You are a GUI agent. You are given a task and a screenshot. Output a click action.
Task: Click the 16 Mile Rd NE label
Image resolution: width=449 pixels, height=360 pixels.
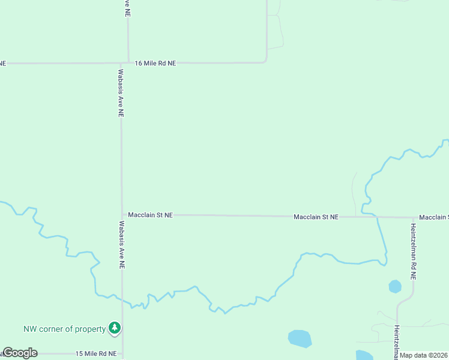[x=155, y=62]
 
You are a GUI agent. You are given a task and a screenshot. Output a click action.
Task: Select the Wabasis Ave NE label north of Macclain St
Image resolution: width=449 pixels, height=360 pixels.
[x=121, y=92]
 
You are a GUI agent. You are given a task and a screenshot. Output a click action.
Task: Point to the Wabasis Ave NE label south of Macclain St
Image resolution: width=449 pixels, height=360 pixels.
[x=121, y=245]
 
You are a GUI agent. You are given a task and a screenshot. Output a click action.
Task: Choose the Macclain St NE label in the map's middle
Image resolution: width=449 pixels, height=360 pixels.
[x=316, y=217]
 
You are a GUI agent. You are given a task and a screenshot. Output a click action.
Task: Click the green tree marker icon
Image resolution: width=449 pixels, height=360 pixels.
[x=114, y=328]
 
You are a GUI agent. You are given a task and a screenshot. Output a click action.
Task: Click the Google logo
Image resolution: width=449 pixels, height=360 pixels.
[x=20, y=353]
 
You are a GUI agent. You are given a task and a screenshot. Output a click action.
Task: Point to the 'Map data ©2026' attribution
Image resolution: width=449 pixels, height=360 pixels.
[x=424, y=355]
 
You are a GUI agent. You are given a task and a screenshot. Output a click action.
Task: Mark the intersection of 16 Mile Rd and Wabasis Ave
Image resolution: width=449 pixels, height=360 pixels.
[x=121, y=62]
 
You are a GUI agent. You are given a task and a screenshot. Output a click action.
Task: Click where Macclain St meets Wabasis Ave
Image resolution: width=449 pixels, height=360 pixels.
[x=122, y=214]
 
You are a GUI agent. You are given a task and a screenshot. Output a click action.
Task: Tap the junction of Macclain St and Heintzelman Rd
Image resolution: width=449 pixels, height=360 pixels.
[x=414, y=217]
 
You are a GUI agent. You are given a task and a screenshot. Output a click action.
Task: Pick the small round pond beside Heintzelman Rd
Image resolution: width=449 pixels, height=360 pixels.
[x=395, y=286]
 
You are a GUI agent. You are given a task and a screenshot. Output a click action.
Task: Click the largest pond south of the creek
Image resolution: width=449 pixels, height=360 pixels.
[x=300, y=338]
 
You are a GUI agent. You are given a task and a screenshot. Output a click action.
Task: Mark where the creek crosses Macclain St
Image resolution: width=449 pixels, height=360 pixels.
[x=376, y=217]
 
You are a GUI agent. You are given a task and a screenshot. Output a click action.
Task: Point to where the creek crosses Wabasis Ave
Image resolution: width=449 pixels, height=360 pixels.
[x=122, y=299]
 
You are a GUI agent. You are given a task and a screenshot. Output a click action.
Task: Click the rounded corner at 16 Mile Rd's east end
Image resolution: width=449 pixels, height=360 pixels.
[x=265, y=61]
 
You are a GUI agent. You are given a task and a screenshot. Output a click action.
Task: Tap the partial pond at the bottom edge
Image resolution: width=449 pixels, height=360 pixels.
[x=364, y=355]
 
